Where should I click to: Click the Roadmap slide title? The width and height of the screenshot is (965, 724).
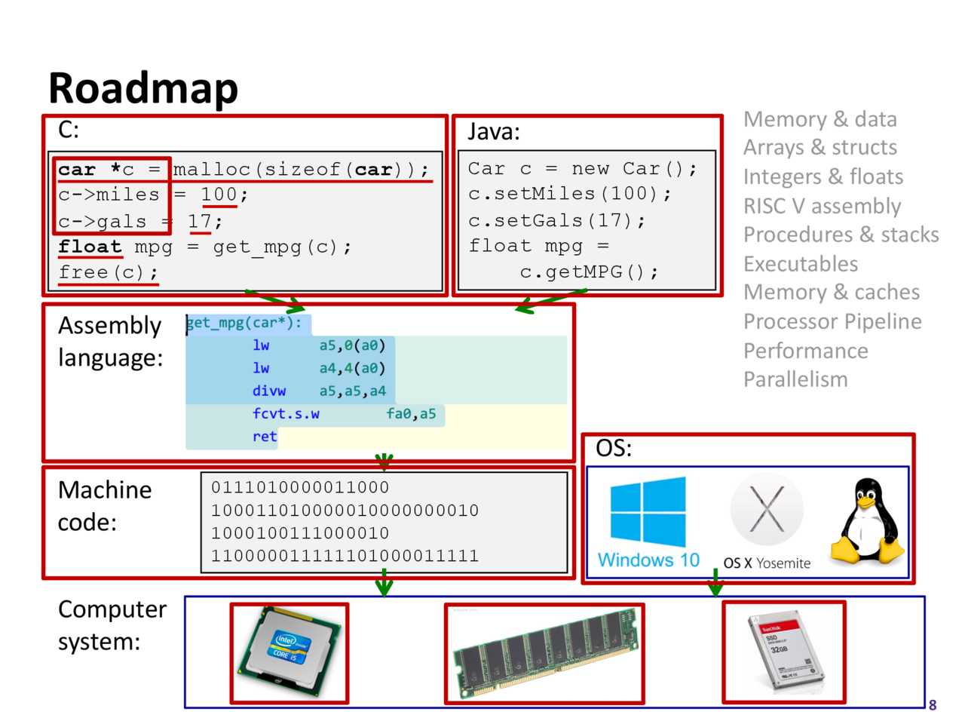click(x=143, y=87)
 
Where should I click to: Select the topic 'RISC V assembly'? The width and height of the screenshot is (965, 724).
click(x=822, y=206)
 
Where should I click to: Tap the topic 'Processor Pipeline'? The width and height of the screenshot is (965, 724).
click(x=832, y=322)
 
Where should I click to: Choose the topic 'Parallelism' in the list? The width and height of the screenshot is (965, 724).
click(x=795, y=379)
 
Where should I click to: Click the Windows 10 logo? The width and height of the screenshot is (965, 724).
click(x=648, y=513)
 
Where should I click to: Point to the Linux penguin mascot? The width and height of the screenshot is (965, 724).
click(x=867, y=522)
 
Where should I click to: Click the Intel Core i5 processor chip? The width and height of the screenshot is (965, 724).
click(x=289, y=652)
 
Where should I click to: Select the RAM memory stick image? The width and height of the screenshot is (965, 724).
click(x=544, y=653)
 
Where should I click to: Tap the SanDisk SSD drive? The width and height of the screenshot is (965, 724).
click(x=784, y=652)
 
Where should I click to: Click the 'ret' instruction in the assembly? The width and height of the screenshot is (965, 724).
click(x=265, y=437)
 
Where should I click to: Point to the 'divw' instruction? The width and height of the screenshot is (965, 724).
click(x=269, y=391)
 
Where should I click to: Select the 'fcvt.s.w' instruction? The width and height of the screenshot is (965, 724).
click(x=286, y=414)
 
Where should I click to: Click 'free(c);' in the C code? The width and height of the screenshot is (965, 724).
click(x=109, y=272)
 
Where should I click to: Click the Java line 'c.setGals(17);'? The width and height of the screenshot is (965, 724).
click(x=556, y=221)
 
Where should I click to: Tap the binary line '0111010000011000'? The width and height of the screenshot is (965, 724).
click(x=300, y=488)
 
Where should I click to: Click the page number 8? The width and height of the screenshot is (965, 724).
click(x=933, y=705)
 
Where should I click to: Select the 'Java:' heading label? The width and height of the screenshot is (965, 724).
click(x=494, y=132)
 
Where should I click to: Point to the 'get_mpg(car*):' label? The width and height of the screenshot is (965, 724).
click(x=244, y=323)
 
